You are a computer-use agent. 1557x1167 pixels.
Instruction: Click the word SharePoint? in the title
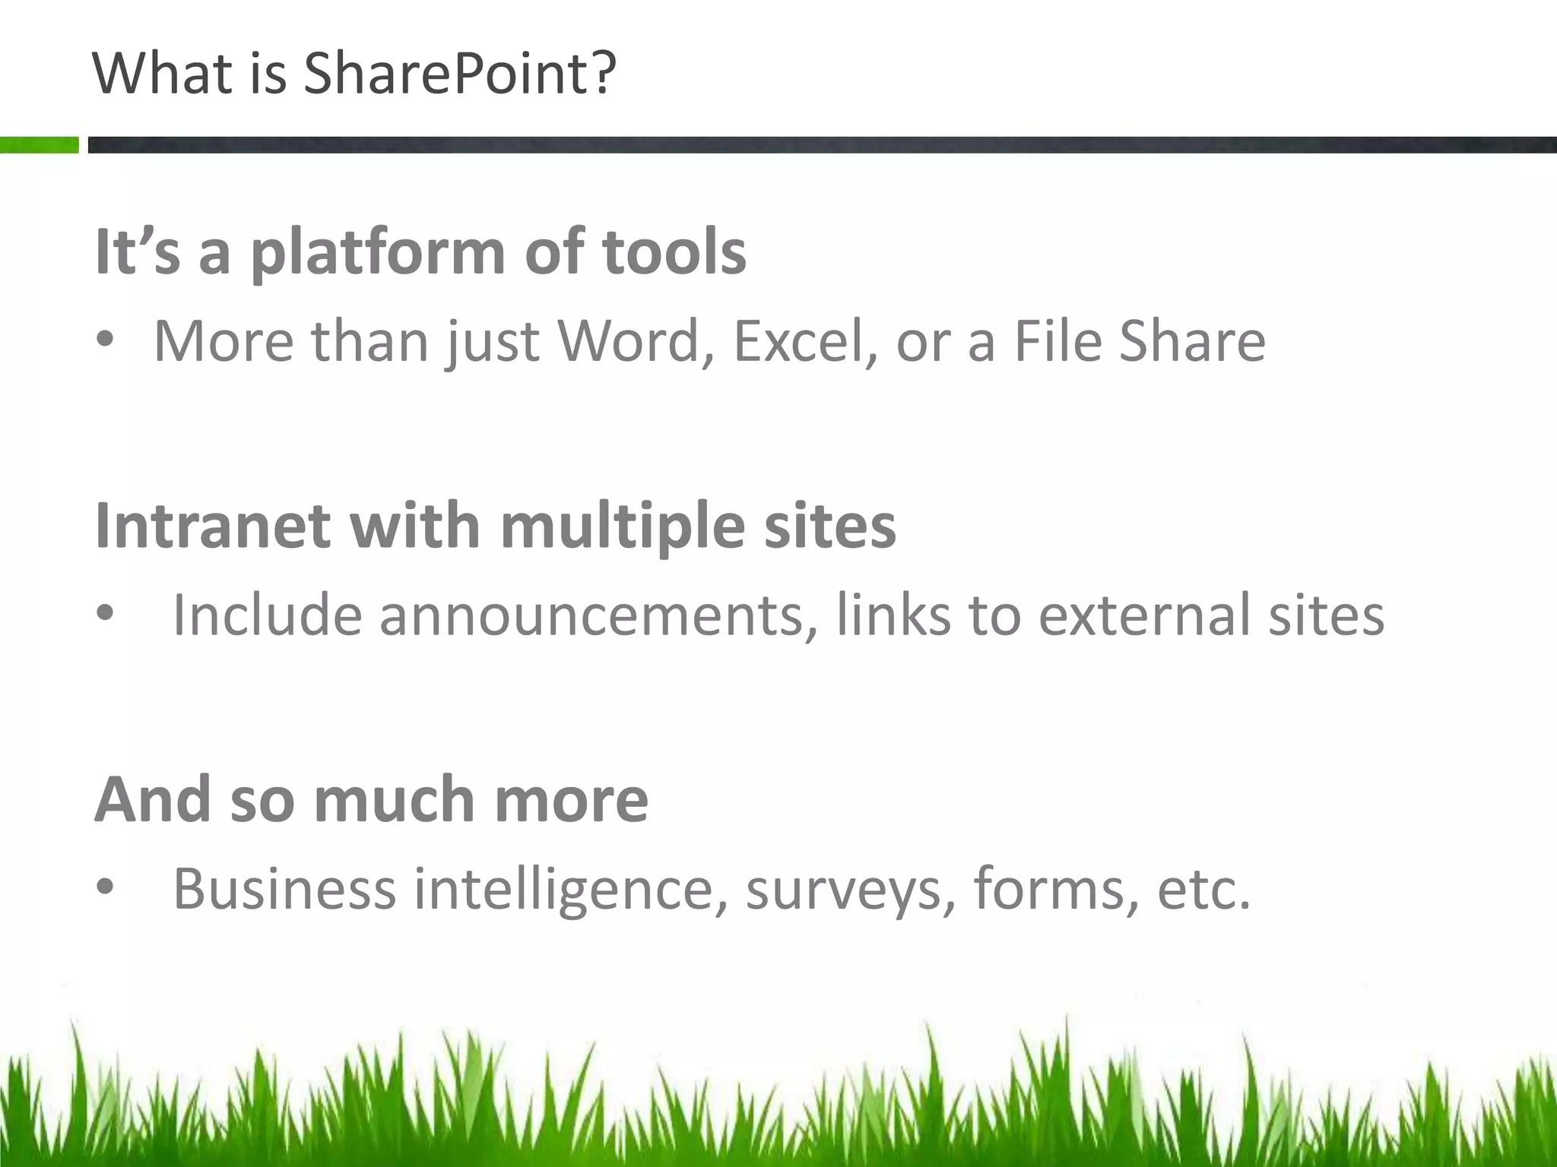click(459, 74)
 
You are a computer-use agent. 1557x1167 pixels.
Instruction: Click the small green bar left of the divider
click(39, 144)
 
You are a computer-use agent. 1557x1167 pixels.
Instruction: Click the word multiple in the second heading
click(623, 527)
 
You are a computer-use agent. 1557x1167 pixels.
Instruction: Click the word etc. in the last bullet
click(1203, 889)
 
